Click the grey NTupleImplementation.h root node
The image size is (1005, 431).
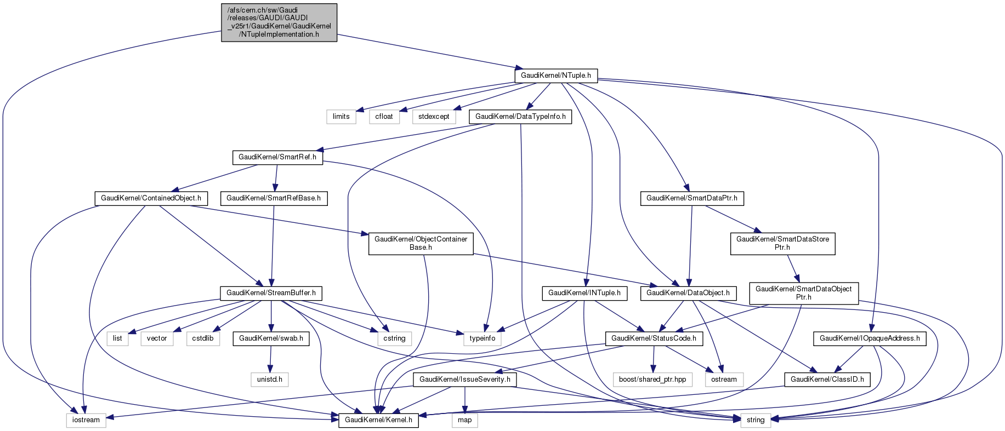pyautogui.click(x=279, y=22)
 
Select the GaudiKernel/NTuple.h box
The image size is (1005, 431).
pyautogui.click(x=555, y=76)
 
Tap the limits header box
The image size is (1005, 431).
pyautogui.click(x=341, y=117)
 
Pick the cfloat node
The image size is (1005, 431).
pyautogui.click(x=384, y=117)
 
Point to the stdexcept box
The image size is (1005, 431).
pyautogui.click(x=434, y=117)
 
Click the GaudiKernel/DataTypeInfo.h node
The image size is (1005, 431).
pyautogui.click(x=520, y=117)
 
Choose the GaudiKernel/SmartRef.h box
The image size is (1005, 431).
pyautogui.click(x=277, y=157)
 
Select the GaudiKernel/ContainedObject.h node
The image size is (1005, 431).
pyautogui.click(x=151, y=198)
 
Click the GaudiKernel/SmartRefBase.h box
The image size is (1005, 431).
pyautogui.click(x=274, y=198)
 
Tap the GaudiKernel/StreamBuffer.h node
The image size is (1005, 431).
pyautogui.click(x=271, y=293)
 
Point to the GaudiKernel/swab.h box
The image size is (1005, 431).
pyautogui.click(x=271, y=338)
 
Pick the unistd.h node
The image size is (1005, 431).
pyautogui.click(x=270, y=379)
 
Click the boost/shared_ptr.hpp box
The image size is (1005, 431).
pyautogui.click(x=652, y=379)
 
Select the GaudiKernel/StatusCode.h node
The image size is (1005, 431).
pyautogui.click(x=654, y=338)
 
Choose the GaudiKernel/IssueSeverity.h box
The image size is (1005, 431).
pyautogui.click(x=464, y=379)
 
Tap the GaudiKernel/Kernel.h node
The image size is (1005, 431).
pyautogui.click(x=379, y=420)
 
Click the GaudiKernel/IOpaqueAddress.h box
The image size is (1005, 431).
pyautogui.click(x=870, y=338)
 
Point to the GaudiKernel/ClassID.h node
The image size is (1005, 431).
pyautogui.click(x=827, y=379)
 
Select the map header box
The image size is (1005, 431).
pyautogui.click(x=464, y=420)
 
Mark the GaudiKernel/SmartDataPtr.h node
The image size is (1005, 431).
pyautogui.click(x=692, y=198)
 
